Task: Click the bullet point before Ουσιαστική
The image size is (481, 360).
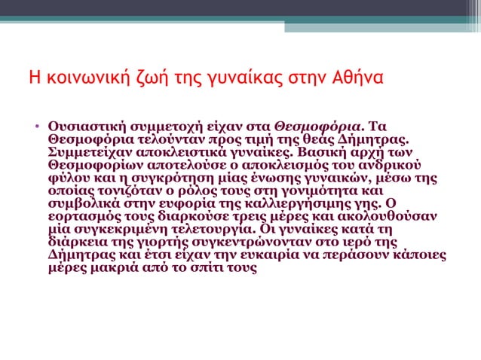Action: pyautogui.click(x=35, y=125)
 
